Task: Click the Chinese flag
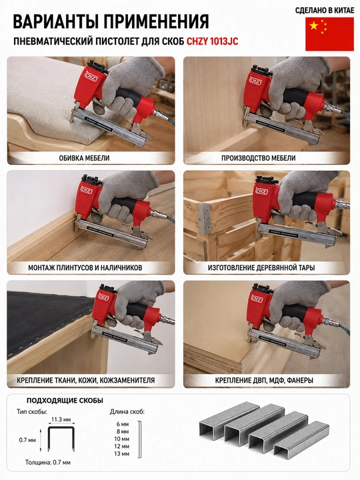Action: click(329, 34)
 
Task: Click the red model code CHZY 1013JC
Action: click(213, 41)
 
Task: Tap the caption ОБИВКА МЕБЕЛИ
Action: click(84, 158)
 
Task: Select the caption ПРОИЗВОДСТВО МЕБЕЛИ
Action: click(259, 158)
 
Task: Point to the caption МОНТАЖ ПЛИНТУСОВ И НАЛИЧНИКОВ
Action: click(85, 267)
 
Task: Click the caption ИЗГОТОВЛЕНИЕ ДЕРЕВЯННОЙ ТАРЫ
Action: click(261, 267)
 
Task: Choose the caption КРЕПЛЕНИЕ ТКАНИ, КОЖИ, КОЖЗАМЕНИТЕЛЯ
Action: click(86, 380)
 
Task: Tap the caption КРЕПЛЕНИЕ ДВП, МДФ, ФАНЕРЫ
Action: click(264, 380)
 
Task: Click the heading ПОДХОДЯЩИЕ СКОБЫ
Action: click(65, 401)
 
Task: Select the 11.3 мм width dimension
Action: click(61, 419)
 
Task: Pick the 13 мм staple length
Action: click(121, 454)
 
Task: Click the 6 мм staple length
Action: click(123, 424)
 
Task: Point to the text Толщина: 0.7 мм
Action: click(48, 462)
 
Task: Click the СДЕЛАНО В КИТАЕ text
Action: click(325, 11)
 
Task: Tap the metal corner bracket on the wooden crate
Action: click(204, 218)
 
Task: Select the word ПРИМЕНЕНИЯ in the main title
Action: click(156, 21)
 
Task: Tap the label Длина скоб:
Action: click(127, 412)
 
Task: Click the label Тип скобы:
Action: click(32, 411)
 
